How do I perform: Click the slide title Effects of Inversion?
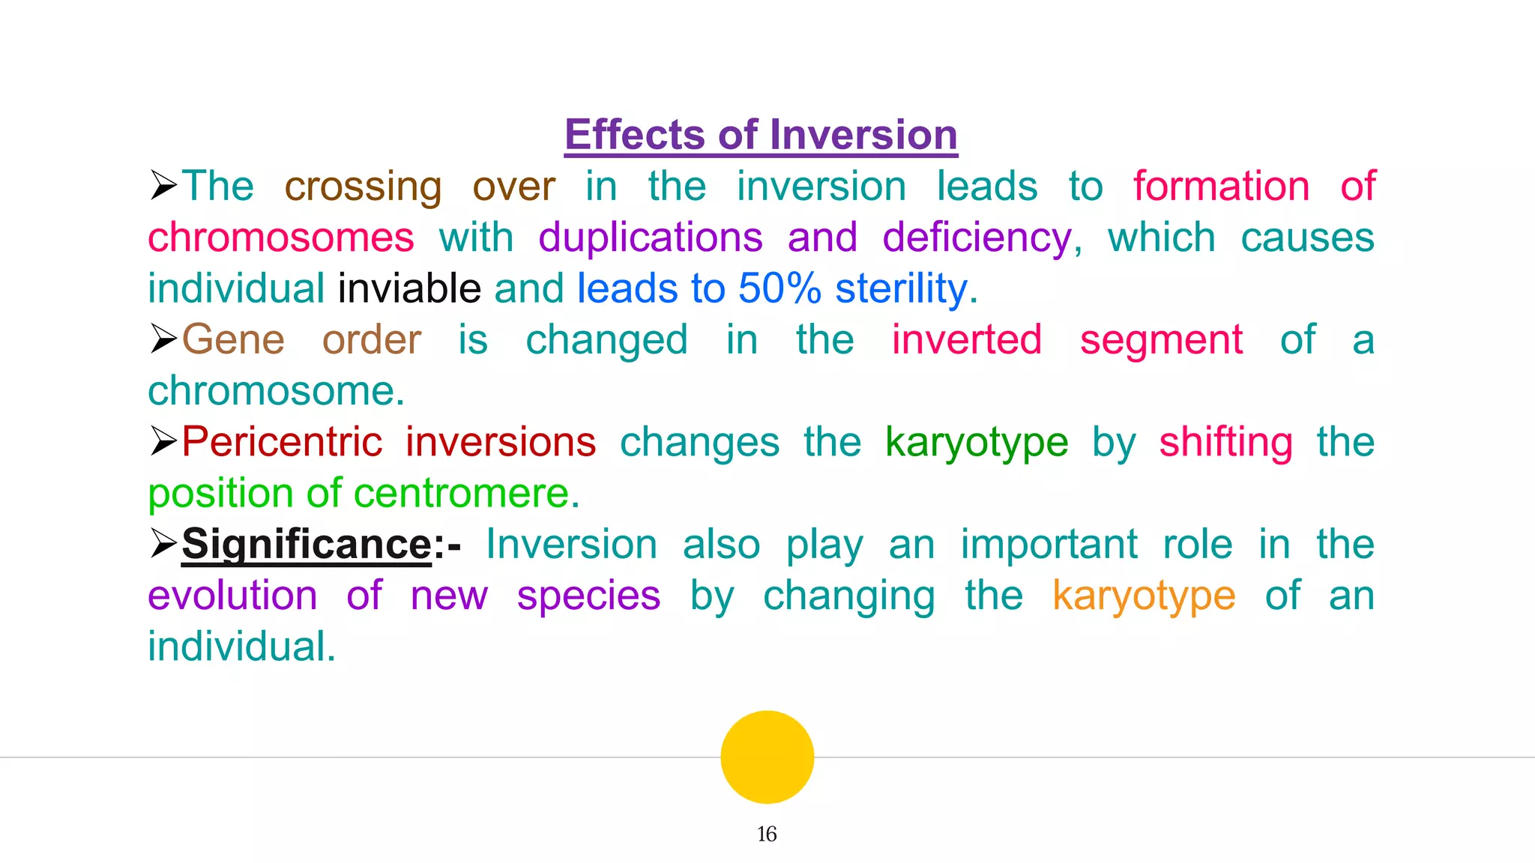pyautogui.click(x=761, y=135)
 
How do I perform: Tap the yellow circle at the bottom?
pyautogui.click(x=767, y=757)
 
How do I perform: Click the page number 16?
pyautogui.click(x=766, y=834)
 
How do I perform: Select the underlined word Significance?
pyautogui.click(x=307, y=544)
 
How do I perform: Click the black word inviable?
pyautogui.click(x=409, y=288)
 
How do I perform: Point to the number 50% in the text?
pyautogui.click(x=779, y=288)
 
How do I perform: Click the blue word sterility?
pyautogui.click(x=902, y=288)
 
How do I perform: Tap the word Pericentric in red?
pyautogui.click(x=282, y=441)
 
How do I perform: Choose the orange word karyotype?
pyautogui.click(x=1144, y=596)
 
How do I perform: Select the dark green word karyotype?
pyautogui.click(x=976, y=443)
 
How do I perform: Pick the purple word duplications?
pyautogui.click(x=651, y=237)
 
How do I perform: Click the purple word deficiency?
pyautogui.click(x=977, y=237)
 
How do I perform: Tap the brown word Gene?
pyautogui.click(x=233, y=339)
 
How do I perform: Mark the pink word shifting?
pyautogui.click(x=1225, y=443)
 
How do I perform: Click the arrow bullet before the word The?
pyautogui.click(x=163, y=185)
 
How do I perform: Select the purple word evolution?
pyautogui.click(x=232, y=596)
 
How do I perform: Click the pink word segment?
pyautogui.click(x=1161, y=340)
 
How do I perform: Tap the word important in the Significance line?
pyautogui.click(x=1049, y=545)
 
